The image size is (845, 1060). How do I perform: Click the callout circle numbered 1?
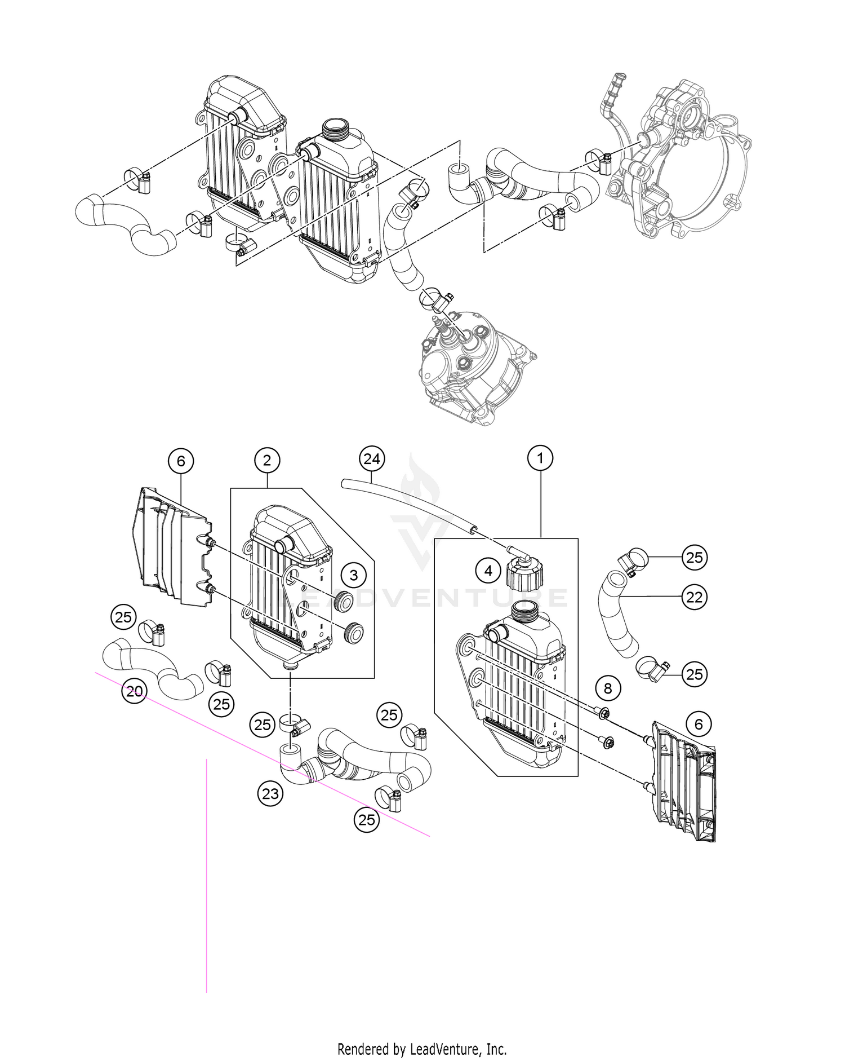pos(540,458)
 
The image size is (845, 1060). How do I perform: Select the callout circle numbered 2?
pos(267,460)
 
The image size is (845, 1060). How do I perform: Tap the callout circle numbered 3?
pos(354,575)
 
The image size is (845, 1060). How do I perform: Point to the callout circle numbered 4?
pos(488,571)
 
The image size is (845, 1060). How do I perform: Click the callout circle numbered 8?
pos(607,688)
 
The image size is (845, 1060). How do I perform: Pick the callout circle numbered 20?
pos(134,691)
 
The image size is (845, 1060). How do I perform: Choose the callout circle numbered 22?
pos(694,597)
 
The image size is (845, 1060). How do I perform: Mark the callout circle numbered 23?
pos(271,794)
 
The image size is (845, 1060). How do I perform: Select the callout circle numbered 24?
pos(372,459)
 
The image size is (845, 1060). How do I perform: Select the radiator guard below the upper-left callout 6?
pos(169,547)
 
